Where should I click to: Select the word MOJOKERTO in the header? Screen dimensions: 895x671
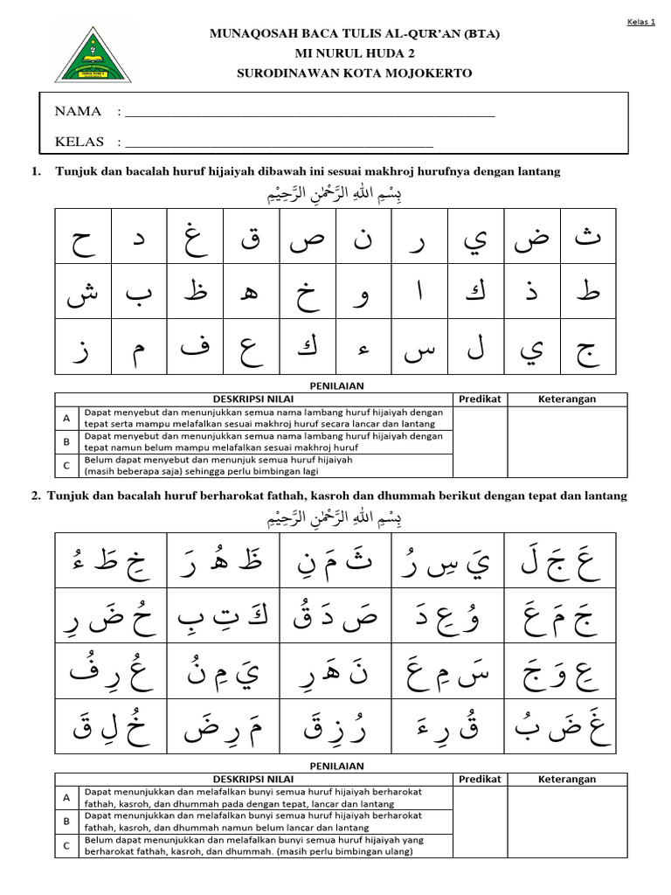pos(433,73)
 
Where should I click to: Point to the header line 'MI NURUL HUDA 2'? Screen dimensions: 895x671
pos(354,53)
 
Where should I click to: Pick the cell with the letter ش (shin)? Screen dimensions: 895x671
pos(83,291)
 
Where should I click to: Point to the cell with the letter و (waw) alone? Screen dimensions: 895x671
pos(363,291)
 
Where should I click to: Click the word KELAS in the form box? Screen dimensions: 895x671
pos(80,142)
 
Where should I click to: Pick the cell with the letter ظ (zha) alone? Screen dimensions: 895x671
pos(196,291)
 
